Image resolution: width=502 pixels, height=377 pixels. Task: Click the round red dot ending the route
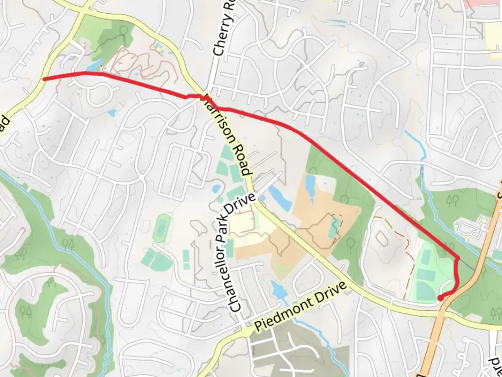[x=441, y=298]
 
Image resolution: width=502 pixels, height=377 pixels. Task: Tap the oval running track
[x=161, y=229]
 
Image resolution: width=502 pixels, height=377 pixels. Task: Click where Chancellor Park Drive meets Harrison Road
[x=255, y=203]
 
